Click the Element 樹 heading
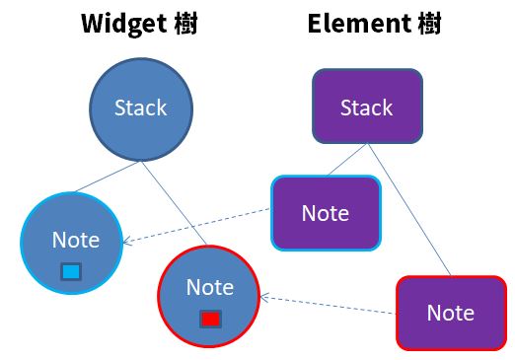(x=373, y=23)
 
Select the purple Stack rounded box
(x=367, y=107)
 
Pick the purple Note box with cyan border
(x=326, y=213)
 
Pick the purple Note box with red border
(x=450, y=313)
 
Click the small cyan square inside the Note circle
(x=71, y=271)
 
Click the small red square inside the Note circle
(x=209, y=320)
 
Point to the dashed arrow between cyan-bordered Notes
(x=197, y=226)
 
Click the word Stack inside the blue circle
(x=140, y=108)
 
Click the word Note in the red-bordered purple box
(x=450, y=313)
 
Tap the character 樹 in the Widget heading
(x=184, y=23)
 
